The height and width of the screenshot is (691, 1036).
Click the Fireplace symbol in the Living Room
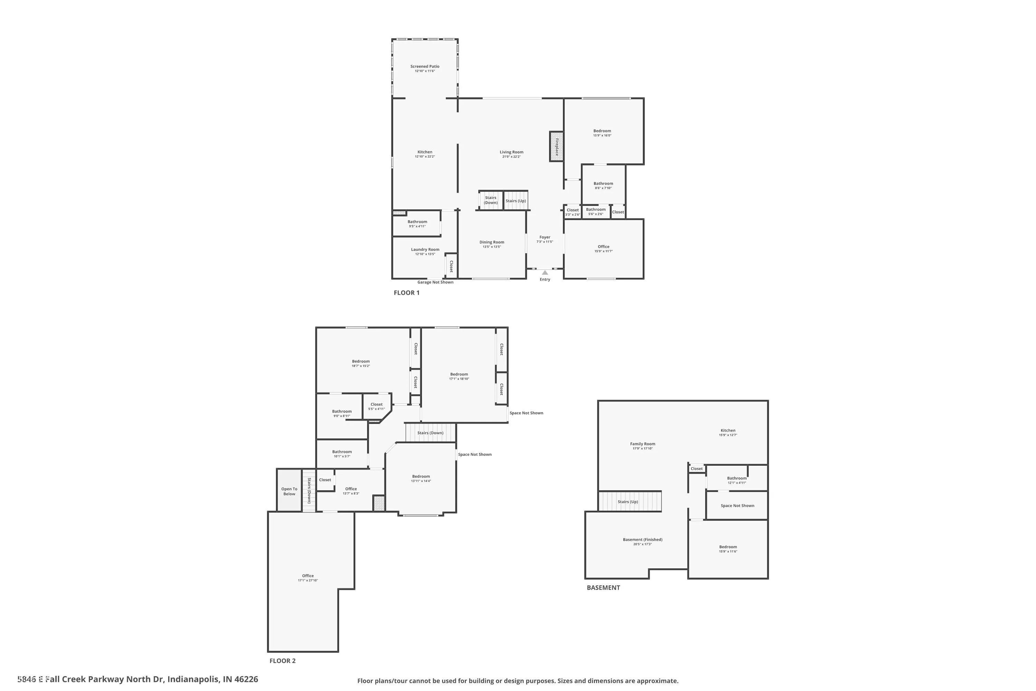556,146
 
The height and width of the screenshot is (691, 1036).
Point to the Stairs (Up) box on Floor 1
516,200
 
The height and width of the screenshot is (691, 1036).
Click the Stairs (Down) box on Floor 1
491,200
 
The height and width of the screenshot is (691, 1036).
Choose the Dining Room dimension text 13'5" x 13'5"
491,247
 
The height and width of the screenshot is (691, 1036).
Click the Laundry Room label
425,249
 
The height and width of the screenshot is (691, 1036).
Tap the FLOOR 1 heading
406,293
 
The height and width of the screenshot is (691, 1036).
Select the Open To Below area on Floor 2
289,491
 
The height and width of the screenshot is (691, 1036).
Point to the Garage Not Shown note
435,282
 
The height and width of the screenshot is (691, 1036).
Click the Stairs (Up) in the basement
628,502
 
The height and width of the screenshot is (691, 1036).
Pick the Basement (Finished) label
642,539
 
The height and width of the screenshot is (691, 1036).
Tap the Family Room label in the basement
642,444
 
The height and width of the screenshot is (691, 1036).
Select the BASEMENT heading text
603,587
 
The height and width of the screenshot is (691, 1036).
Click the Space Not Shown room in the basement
737,505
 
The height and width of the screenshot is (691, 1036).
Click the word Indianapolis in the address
192,679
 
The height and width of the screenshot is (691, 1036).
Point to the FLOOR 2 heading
282,661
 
